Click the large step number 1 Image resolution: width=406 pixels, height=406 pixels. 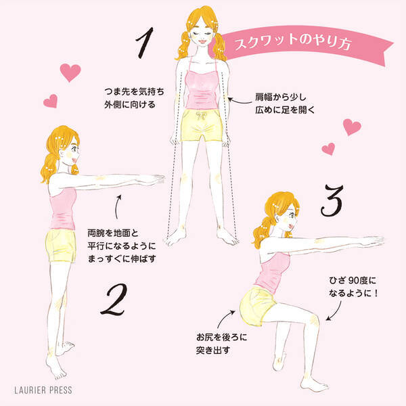tap(145, 43)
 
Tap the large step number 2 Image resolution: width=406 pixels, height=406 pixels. tap(114, 299)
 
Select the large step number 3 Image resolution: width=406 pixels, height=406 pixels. tap(332, 200)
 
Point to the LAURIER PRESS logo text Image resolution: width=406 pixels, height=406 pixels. tap(43, 390)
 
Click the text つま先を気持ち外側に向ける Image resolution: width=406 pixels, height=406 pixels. tap(134, 98)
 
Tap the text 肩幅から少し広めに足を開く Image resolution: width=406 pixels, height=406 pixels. tap(285, 104)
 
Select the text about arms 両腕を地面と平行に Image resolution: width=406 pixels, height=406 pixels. tap(122, 246)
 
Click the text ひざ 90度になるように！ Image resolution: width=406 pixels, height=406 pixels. tap(353, 287)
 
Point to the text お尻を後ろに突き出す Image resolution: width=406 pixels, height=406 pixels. tap(221, 344)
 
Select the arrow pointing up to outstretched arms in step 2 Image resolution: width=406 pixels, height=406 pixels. tap(118, 207)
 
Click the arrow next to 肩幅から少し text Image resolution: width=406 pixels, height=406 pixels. tap(240, 101)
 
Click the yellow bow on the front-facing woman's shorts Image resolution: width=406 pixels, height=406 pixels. tap(201, 116)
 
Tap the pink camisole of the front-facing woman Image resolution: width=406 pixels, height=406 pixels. tap(202, 89)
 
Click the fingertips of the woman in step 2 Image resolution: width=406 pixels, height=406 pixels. tap(161, 179)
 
